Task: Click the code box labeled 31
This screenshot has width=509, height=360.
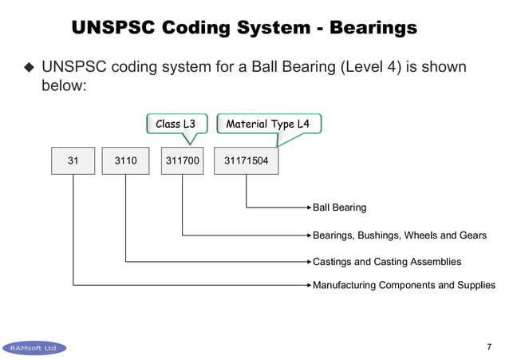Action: [x=73, y=160]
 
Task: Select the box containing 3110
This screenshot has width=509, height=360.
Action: [x=126, y=160]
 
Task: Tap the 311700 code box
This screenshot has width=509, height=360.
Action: [x=182, y=160]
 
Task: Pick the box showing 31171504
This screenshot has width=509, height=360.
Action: [x=247, y=160]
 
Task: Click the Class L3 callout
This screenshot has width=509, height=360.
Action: [x=176, y=124]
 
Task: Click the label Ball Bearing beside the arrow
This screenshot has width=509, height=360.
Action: [x=340, y=208]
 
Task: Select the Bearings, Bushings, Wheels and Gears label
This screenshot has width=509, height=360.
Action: [x=399, y=235]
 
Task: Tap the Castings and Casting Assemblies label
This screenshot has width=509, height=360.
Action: [x=387, y=261]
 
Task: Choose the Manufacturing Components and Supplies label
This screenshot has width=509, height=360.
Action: [x=404, y=285]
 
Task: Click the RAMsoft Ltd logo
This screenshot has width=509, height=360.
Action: [x=34, y=348]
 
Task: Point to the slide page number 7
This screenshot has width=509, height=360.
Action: [x=488, y=346]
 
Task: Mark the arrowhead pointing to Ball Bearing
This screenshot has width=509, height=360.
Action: [x=308, y=208]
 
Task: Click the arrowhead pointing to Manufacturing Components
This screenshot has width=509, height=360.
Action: [x=308, y=285]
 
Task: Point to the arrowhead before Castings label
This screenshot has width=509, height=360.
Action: [x=308, y=261]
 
